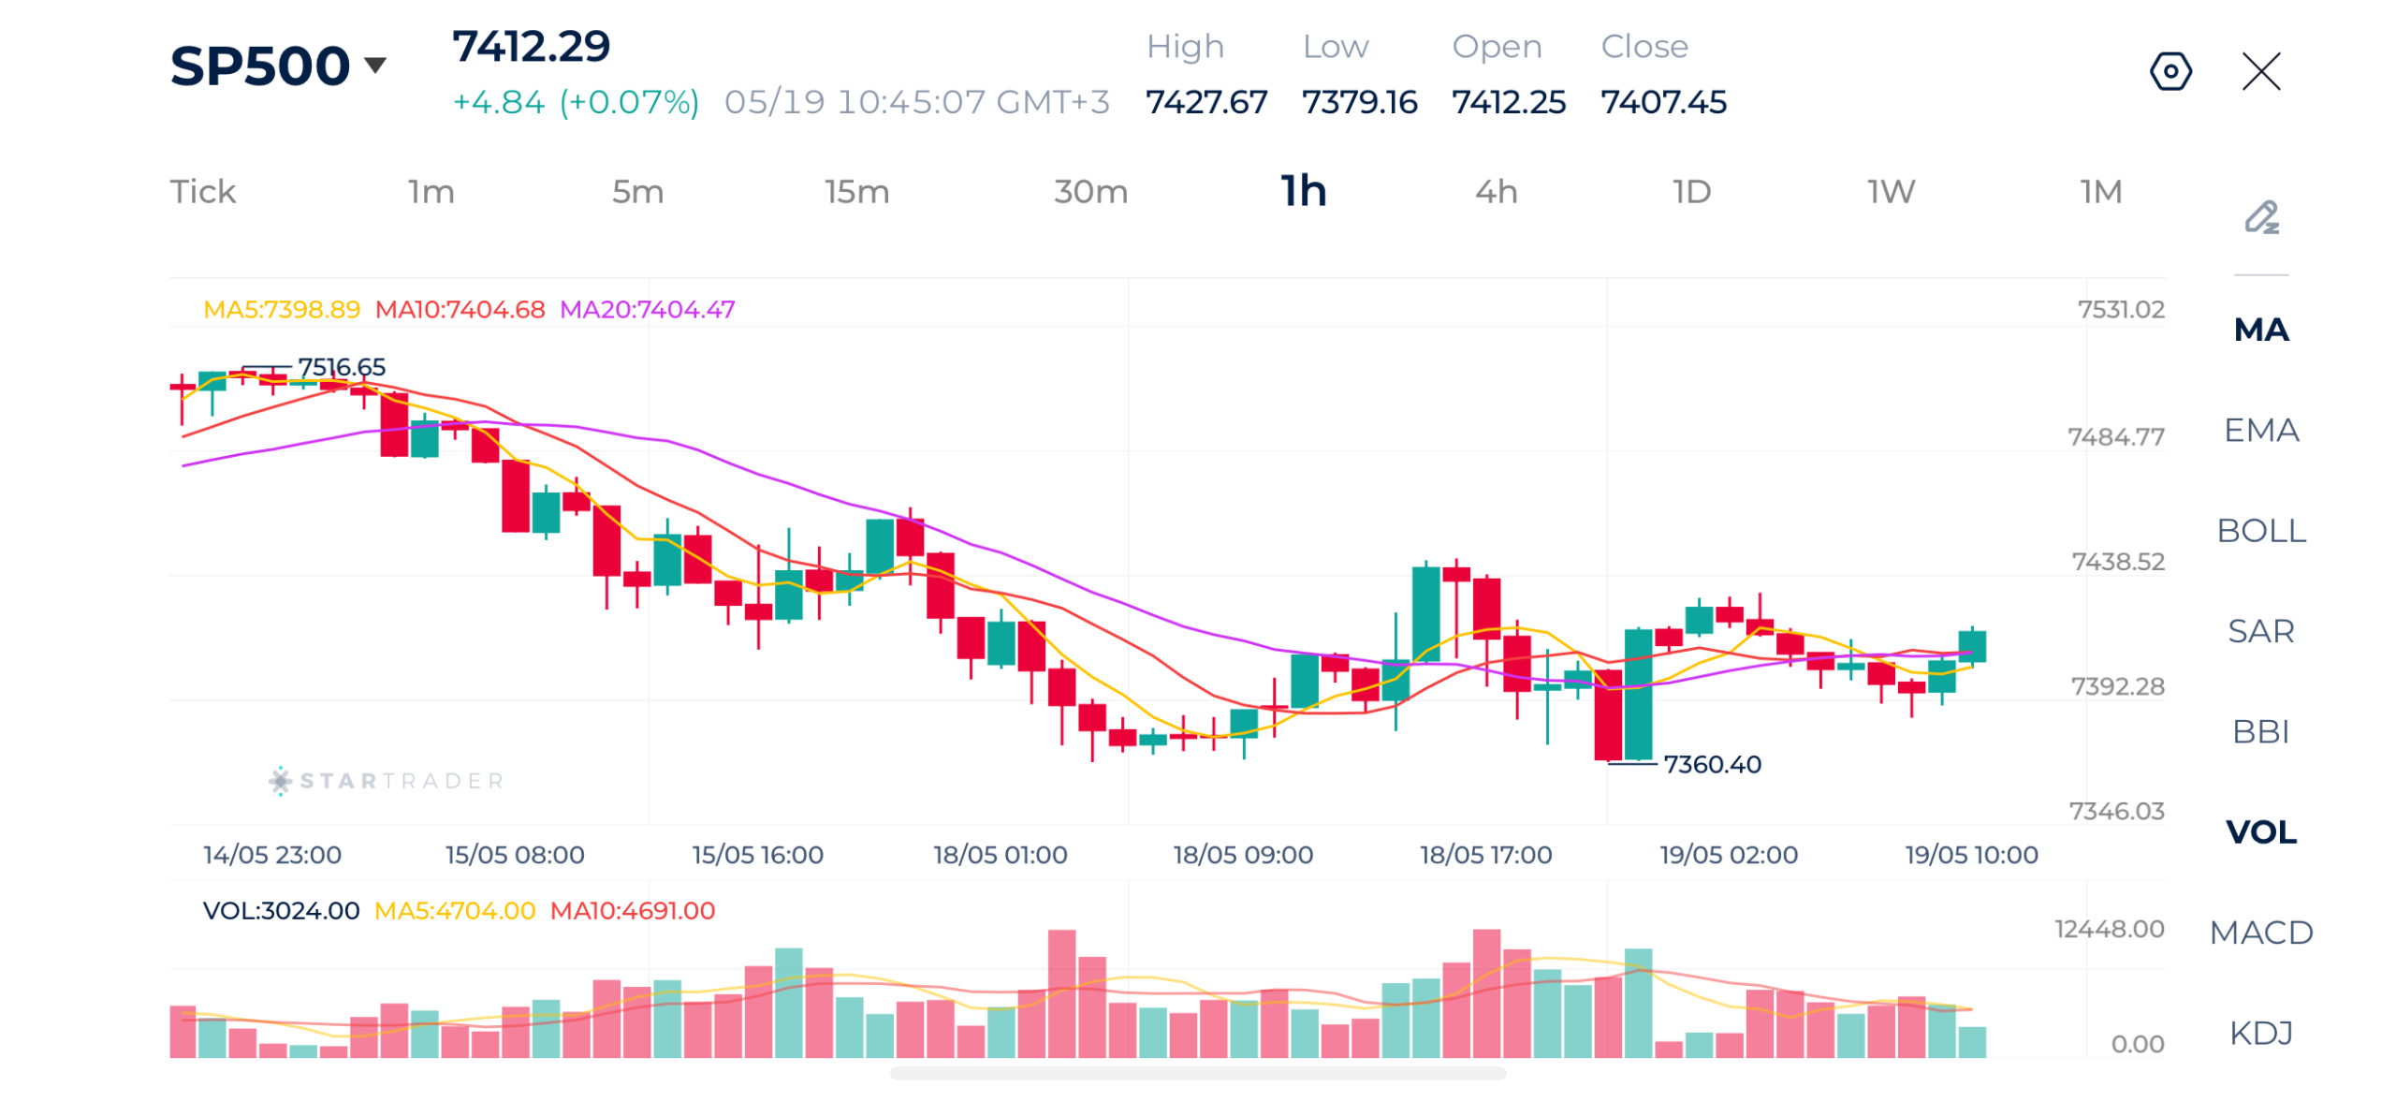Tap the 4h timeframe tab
pos(1496,192)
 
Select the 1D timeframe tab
pos(1691,192)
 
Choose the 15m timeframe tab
pos(856,192)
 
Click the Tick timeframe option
pos(203,192)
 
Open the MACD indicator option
pos(2260,933)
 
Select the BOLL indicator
pos(2260,531)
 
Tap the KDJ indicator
pos(2260,1033)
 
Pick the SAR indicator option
pos(2260,631)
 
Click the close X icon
pos(2260,71)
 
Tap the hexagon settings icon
pos(2170,71)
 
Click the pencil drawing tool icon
pos(2261,217)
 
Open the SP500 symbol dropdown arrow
pos(375,66)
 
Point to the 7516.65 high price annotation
pos(341,367)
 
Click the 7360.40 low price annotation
pos(1712,765)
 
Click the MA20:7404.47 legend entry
pos(647,309)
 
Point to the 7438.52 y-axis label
pos(2117,562)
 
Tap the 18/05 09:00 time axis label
pos(1242,855)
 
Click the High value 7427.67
pos(1205,102)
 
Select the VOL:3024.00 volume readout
pos(281,911)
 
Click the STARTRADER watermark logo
pos(386,781)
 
